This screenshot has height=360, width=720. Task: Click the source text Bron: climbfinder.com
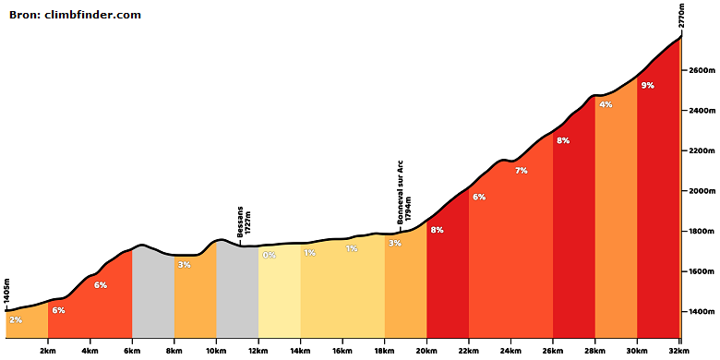75,15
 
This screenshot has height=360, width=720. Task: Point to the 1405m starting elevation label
6,291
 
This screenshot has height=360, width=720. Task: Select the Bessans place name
240,222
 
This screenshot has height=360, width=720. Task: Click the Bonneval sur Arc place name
400,192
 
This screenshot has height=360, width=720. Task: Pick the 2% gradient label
16,320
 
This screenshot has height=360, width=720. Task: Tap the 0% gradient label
270,255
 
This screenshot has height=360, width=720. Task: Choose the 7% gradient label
522,171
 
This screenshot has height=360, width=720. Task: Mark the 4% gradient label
606,104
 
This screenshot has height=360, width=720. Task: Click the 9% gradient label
647,85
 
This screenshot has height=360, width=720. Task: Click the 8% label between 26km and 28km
563,141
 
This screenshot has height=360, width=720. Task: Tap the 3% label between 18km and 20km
395,243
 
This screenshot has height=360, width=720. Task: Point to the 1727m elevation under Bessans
248,222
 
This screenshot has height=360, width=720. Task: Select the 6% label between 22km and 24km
479,197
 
